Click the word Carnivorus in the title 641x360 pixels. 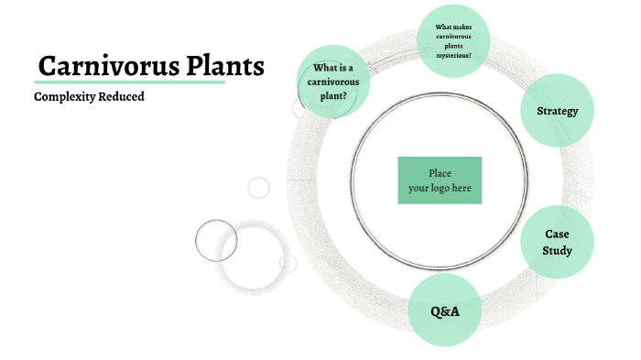[98, 67]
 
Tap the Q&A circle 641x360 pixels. [444, 311]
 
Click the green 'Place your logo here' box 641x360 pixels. [440, 180]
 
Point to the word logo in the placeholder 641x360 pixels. [442, 188]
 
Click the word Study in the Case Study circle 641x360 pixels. [557, 251]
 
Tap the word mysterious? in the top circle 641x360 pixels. [454, 55]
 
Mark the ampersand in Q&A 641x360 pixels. [444, 312]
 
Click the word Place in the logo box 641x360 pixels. [440, 173]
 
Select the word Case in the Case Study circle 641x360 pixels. [557, 235]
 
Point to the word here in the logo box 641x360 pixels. [462, 188]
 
